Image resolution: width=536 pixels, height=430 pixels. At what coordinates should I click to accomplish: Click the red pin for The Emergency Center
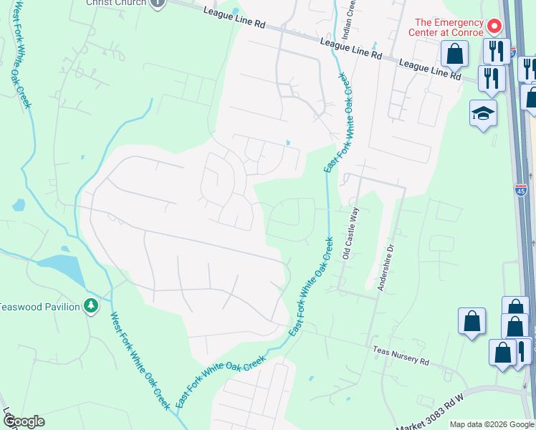point(494,27)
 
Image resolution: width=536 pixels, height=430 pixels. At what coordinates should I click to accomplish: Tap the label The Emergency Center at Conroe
point(446,27)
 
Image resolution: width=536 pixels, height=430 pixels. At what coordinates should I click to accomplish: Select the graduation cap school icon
point(483,113)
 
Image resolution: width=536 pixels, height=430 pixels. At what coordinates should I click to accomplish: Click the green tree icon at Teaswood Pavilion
point(90,306)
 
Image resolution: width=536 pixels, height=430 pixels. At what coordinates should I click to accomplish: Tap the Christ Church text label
point(115,2)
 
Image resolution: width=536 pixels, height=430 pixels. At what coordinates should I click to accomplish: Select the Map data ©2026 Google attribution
point(491,424)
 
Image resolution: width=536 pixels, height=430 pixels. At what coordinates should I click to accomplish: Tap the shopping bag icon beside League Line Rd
point(455,53)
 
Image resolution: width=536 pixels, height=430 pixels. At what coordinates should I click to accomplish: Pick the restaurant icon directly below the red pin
point(494,50)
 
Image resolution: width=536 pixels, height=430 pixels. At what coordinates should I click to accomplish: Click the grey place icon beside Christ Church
point(158,2)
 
